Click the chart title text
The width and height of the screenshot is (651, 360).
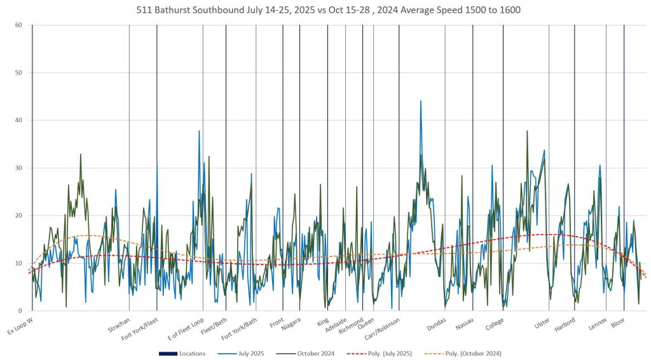325,11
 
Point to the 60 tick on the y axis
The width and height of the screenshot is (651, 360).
19,25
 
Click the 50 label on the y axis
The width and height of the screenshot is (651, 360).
19,73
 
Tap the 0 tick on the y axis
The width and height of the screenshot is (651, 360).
21,311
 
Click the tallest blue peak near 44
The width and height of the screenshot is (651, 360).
420,101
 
